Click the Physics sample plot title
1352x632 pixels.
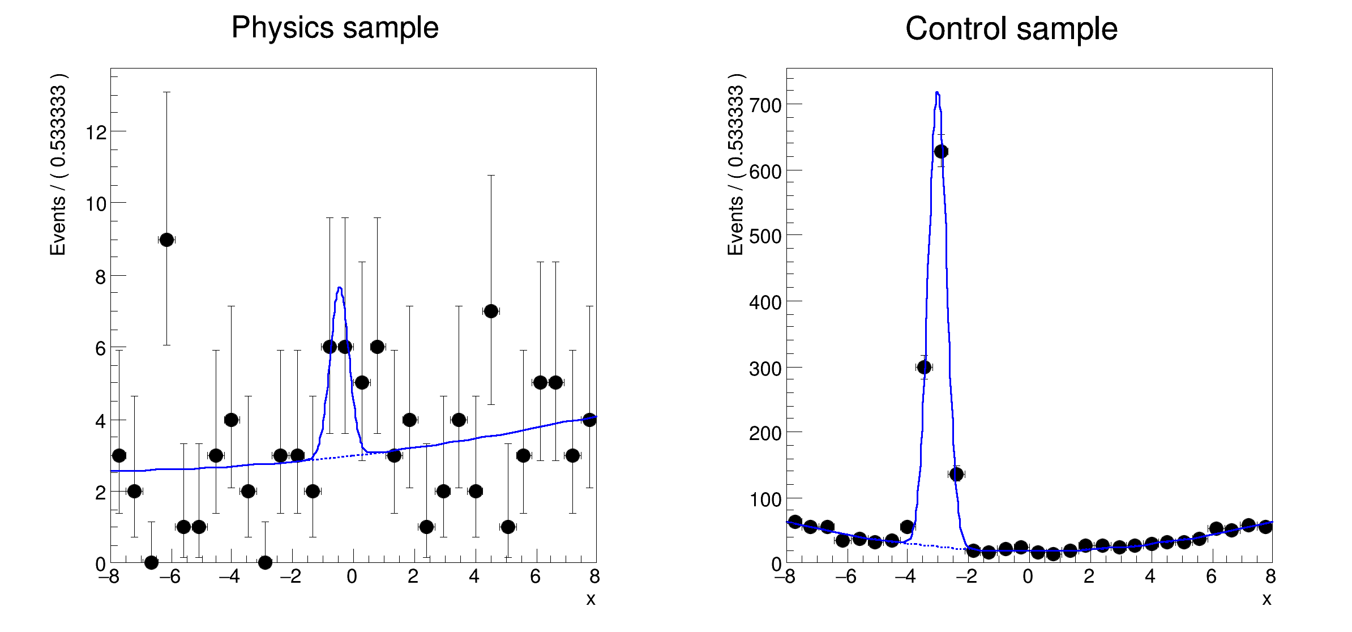tap(335, 27)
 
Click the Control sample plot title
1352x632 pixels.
tap(1011, 28)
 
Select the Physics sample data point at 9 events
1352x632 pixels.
tap(166, 240)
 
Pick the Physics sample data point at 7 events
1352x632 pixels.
tap(491, 311)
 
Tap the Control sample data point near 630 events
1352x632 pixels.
tap(941, 151)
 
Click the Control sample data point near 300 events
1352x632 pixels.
tap(924, 367)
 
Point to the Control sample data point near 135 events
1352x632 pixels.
tap(956, 474)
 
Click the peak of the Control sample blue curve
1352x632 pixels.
tap(937, 93)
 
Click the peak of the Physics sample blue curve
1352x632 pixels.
tap(339, 288)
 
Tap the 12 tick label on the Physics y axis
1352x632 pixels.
tap(96, 133)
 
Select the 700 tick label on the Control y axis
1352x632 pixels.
tap(765, 105)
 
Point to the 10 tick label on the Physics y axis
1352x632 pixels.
tap(96, 204)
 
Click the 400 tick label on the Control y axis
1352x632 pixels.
tap(765, 302)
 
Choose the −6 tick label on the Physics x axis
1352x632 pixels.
tap(169, 577)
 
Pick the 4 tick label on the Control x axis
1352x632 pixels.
tap(1150, 577)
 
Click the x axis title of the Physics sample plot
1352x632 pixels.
tap(591, 599)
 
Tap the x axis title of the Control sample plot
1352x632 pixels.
tap(1267, 599)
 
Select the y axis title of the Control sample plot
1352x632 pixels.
tap(735, 164)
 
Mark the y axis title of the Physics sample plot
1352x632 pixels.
tap(58, 164)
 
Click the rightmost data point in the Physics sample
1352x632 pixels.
tap(589, 420)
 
